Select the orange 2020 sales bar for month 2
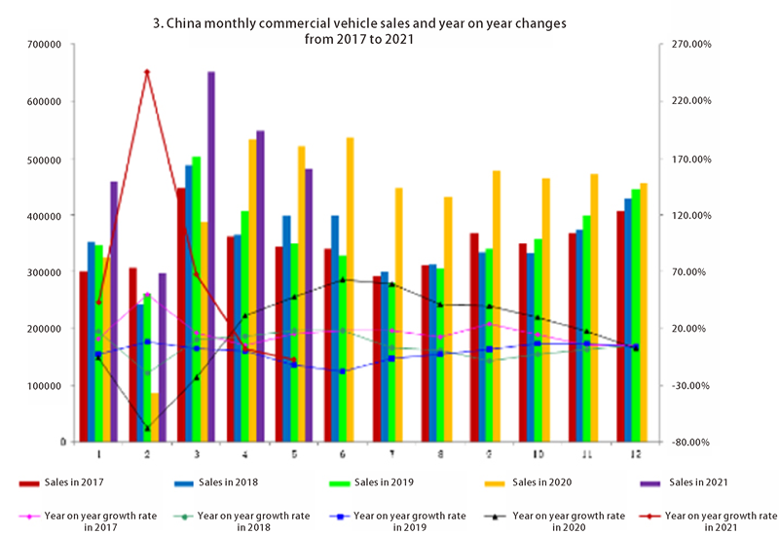(x=155, y=417)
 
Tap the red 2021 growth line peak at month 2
(x=147, y=72)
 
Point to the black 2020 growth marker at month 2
(x=147, y=428)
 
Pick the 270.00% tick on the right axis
(x=687, y=45)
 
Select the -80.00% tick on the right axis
(x=687, y=443)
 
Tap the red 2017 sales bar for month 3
(x=181, y=315)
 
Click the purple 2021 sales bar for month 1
(x=114, y=311)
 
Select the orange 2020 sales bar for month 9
(x=496, y=306)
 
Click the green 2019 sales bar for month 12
(x=636, y=315)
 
